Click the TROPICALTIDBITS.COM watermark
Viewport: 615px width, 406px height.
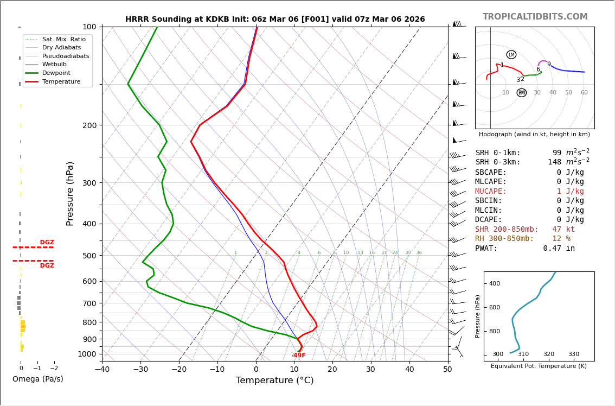[x=535, y=17]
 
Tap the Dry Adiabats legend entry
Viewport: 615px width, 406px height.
[x=62, y=48]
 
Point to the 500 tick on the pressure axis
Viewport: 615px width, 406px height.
[x=89, y=256]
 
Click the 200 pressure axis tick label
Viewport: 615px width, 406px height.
[x=89, y=125]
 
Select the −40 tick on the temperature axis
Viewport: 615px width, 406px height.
[x=102, y=370]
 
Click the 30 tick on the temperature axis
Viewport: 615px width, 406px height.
[x=371, y=370]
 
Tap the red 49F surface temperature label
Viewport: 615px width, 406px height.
[x=299, y=356]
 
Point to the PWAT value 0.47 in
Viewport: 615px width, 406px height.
[x=559, y=249]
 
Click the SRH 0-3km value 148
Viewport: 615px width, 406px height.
[x=556, y=162]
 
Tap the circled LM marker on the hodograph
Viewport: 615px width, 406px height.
[x=511, y=55]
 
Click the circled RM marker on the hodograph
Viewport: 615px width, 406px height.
[x=522, y=93]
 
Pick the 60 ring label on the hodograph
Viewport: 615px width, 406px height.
[x=584, y=93]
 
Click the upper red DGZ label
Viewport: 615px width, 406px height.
[x=47, y=243]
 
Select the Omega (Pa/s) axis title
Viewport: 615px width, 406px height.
[x=38, y=379]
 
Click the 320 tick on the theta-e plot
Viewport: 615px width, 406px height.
[x=548, y=354]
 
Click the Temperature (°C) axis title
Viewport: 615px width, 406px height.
[x=275, y=381]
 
